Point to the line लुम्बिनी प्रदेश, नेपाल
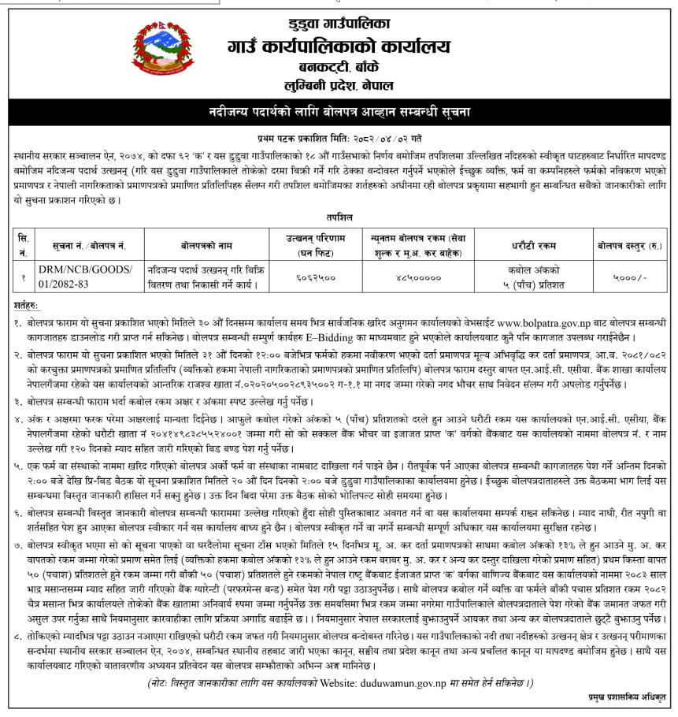(339, 84)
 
